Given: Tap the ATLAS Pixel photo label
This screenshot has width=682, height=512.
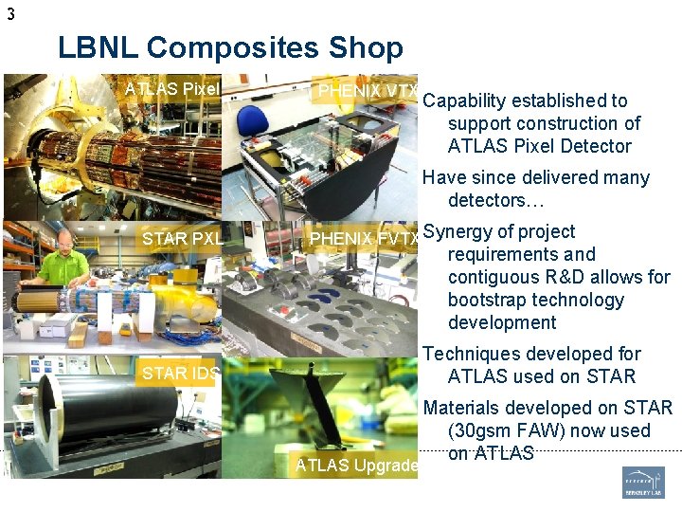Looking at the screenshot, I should tap(172, 89).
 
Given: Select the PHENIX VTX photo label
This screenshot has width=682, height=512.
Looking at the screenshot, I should tap(368, 91).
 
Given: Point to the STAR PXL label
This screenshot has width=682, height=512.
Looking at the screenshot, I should tap(182, 238).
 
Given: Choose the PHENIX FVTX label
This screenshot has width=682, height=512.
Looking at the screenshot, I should tap(364, 238).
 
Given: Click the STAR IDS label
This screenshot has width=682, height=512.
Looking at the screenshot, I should tap(180, 373).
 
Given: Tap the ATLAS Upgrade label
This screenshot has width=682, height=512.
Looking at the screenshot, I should tap(356, 465).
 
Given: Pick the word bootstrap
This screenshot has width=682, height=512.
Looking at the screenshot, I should tap(489, 300).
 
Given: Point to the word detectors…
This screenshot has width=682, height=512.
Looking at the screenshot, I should tap(486, 200).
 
